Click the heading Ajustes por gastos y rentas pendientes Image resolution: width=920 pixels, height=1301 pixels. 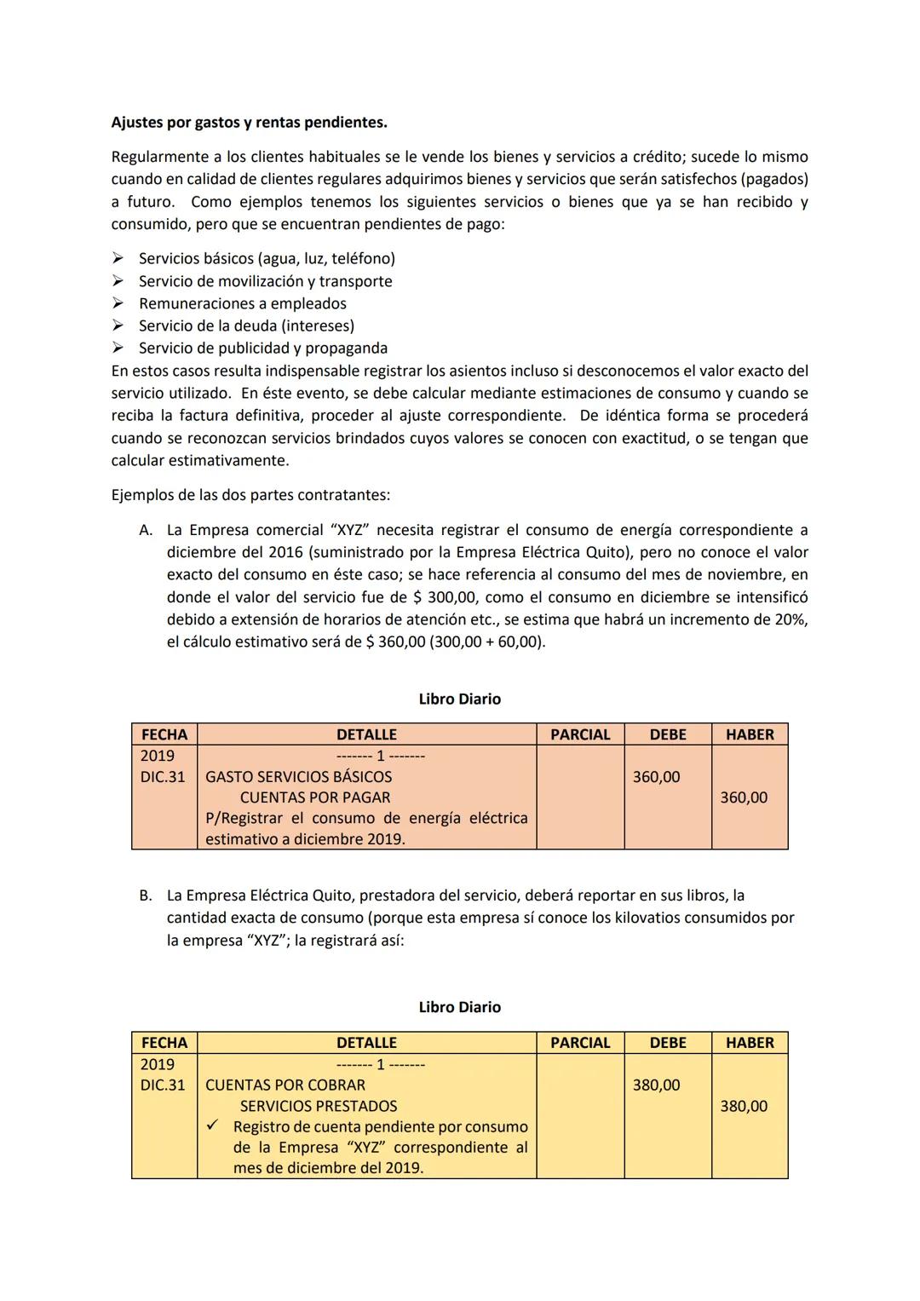tap(249, 123)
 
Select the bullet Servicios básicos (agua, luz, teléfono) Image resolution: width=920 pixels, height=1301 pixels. tap(267, 258)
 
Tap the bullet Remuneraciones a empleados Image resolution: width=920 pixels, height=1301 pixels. tap(242, 303)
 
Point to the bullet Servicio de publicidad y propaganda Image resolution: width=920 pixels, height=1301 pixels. tap(262, 348)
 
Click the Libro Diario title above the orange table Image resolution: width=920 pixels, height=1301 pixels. tap(459, 699)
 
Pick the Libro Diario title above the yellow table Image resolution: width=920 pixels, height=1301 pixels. tap(459, 1007)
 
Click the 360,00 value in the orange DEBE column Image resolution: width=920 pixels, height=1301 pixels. tap(656, 777)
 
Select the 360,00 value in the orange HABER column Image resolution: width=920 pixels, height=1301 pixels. tap(743, 798)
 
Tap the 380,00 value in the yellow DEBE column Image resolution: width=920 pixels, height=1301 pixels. tap(656, 1085)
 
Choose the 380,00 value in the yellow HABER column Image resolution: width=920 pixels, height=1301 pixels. tap(743, 1107)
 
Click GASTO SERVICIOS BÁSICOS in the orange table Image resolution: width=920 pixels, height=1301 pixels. tap(299, 777)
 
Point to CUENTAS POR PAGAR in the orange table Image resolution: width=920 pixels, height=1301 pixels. tap(315, 798)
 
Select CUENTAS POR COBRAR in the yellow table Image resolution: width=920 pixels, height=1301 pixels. tap(285, 1085)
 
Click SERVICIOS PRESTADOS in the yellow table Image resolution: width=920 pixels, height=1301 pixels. tap(319, 1107)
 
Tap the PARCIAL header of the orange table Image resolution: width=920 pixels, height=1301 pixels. tap(580, 734)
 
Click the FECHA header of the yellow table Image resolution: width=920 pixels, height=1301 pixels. tap(164, 1043)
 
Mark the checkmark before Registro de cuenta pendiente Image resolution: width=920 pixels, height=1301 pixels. tap(214, 1126)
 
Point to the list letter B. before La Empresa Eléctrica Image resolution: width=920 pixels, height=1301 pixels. tap(146, 895)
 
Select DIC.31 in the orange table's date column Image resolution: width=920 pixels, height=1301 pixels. tap(163, 777)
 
